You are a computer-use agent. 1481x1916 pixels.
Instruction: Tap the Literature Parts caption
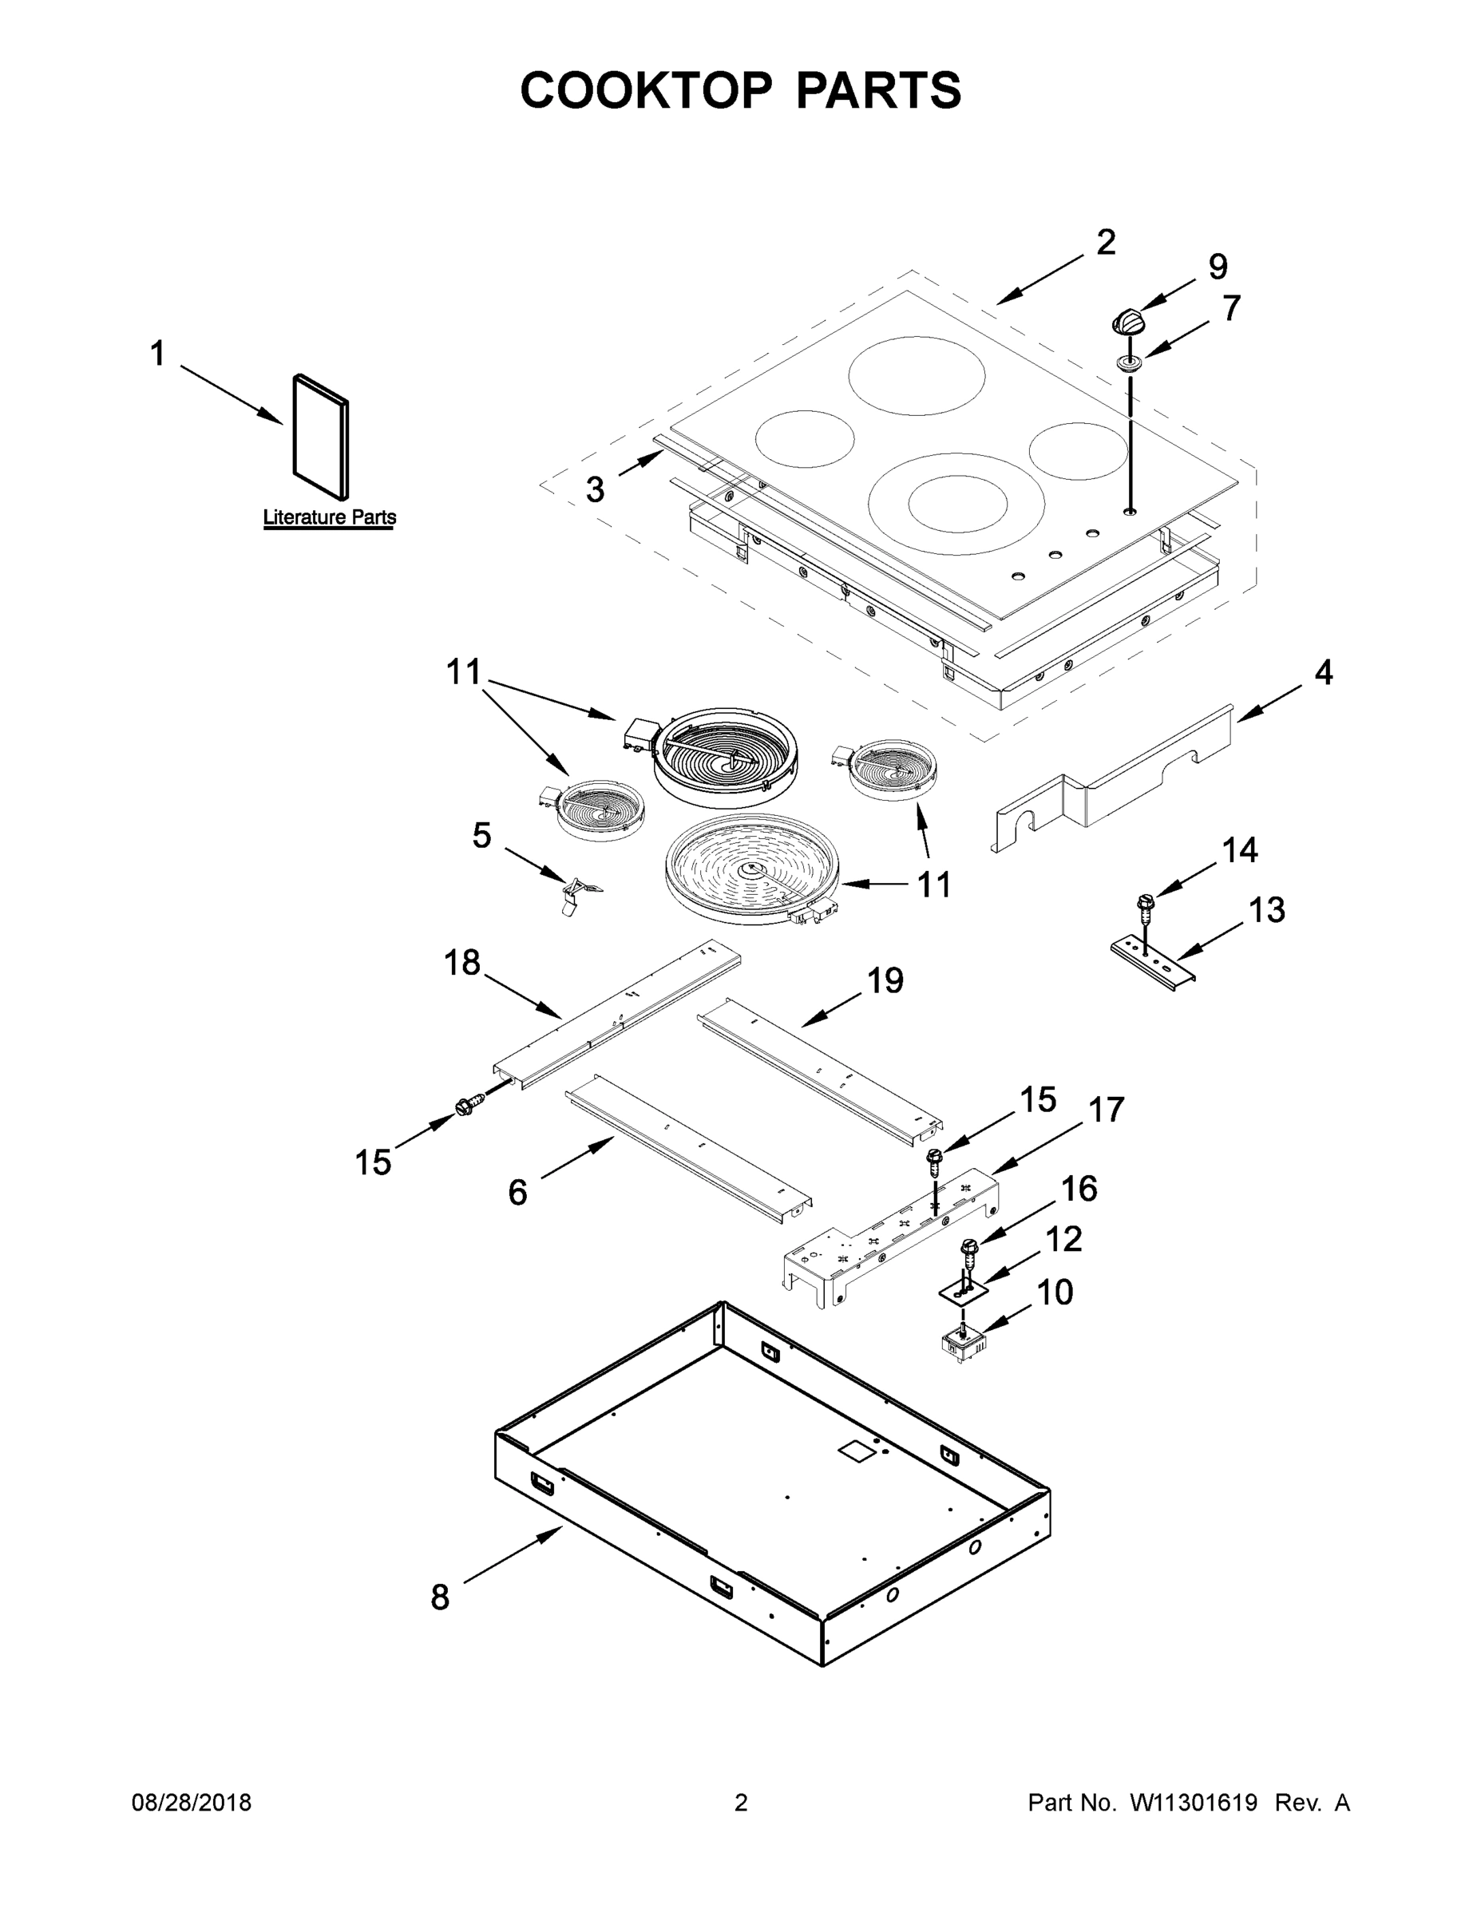point(329,517)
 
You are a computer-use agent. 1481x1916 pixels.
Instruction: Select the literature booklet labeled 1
point(320,436)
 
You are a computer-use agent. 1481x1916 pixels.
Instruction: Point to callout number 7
point(1231,309)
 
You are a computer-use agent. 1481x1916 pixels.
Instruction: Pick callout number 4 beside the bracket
point(1323,674)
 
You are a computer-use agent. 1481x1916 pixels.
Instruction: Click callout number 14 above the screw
point(1240,850)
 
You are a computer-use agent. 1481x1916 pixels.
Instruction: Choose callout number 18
point(462,964)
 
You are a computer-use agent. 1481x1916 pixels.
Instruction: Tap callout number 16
point(1079,1189)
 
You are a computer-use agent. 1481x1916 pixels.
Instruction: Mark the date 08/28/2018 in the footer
point(192,1803)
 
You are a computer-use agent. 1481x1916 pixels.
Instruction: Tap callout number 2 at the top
point(1106,242)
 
